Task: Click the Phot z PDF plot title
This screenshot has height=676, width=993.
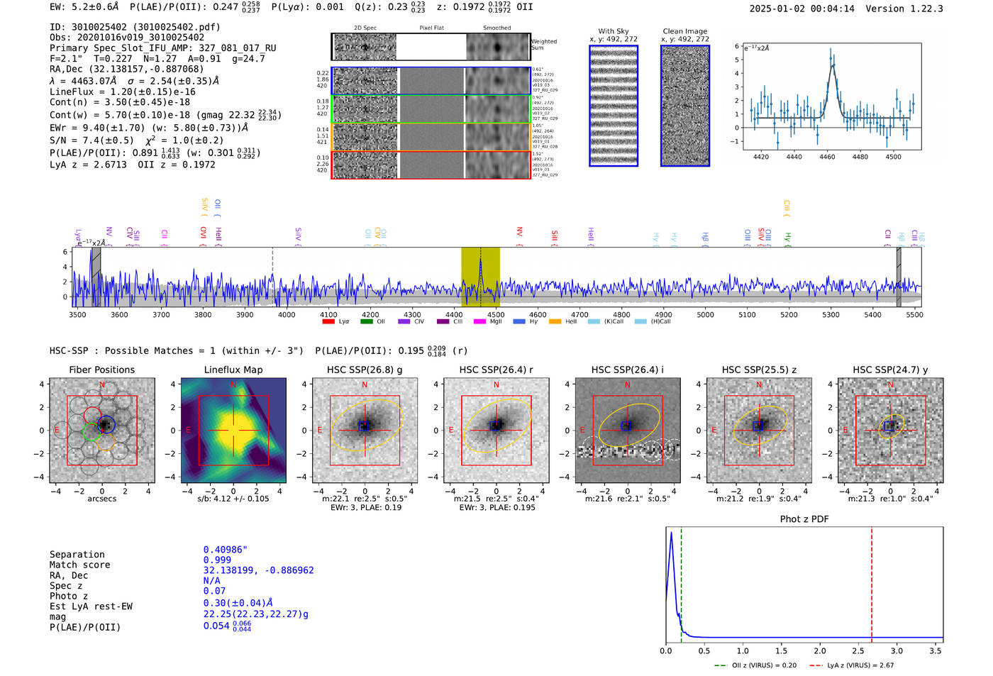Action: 804,519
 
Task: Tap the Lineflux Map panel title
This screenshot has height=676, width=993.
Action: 233,370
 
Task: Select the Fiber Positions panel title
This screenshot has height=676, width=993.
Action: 101,370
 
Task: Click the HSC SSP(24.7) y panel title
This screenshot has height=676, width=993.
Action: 890,370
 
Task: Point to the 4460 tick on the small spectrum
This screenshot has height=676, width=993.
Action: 827,157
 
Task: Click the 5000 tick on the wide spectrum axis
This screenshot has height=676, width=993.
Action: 705,314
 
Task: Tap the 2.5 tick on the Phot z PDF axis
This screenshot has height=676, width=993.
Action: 858,650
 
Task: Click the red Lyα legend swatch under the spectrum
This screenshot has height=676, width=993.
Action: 328,322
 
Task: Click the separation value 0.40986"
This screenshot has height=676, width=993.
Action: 226,550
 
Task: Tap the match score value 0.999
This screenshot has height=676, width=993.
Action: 217,560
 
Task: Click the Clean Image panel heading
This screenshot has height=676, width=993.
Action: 684,31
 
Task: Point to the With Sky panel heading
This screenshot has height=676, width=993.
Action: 614,31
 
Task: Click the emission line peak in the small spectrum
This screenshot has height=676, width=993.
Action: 831,50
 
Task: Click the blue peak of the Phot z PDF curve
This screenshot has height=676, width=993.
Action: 671,533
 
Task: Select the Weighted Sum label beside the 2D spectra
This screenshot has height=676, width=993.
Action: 544,45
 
